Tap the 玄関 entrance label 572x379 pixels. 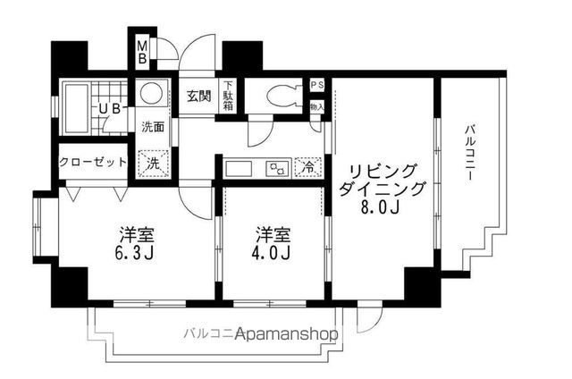coord(198,97)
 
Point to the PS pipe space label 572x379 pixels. coord(316,86)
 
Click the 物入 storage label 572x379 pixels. coord(316,106)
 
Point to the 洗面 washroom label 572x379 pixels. coord(153,126)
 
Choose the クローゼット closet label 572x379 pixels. coord(92,163)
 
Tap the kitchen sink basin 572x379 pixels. coord(241,167)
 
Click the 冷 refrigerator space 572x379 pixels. coord(307,166)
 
